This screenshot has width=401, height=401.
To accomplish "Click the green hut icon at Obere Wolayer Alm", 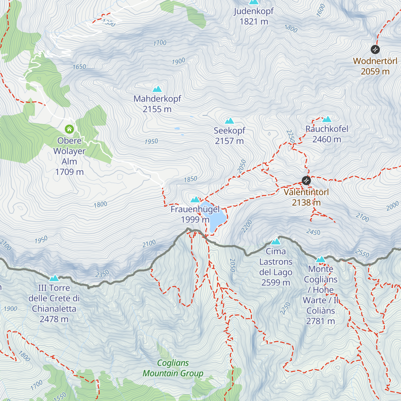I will point(69,129).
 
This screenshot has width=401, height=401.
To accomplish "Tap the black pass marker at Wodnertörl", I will point(375,49).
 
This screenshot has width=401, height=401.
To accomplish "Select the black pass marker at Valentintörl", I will point(306,181).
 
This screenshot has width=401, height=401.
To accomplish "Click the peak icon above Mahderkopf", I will point(157,89).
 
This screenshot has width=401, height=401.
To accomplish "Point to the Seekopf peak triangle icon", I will point(229,121).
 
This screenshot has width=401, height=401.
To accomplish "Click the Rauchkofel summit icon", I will point(327,119).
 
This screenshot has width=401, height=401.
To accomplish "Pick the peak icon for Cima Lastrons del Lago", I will point(276,242).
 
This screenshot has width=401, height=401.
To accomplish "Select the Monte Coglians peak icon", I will point(320,259).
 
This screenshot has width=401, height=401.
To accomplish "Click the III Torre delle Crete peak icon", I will point(54,278).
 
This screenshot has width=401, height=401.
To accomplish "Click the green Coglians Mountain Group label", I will point(173,368).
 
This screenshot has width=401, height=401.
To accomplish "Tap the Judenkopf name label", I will point(254,11).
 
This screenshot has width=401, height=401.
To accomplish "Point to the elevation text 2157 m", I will point(229,141).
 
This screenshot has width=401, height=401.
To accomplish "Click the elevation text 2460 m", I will point(326,139).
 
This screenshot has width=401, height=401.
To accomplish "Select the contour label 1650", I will point(80,67).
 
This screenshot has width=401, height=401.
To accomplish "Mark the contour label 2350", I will point(102,274).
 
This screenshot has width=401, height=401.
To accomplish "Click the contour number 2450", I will point(313,232).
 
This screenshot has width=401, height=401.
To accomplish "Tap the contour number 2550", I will point(362,253).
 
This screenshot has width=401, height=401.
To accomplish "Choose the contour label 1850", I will point(190,179).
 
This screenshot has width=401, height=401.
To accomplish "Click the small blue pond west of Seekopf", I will point(176,128).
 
